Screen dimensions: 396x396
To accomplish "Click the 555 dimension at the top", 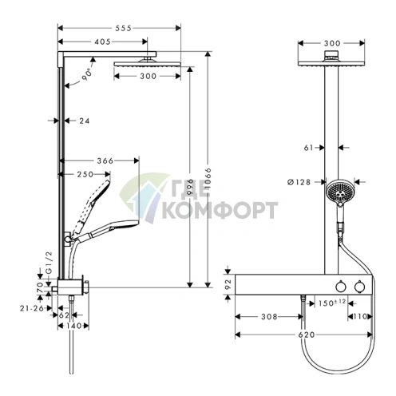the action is tap(123, 28).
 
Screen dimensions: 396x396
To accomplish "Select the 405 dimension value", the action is tap(102, 42).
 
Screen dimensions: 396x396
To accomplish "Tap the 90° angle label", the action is tap(86, 74).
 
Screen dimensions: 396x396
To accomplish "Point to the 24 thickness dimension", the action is tap(85, 121).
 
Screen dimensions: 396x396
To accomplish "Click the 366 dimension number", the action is tap(105, 160).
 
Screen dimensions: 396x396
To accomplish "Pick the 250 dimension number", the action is tap(85, 174).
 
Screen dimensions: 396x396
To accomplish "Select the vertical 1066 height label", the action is tap(208, 178).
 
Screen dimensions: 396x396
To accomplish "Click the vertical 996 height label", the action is tap(190, 186).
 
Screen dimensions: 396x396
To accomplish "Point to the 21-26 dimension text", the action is tap(32, 308).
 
